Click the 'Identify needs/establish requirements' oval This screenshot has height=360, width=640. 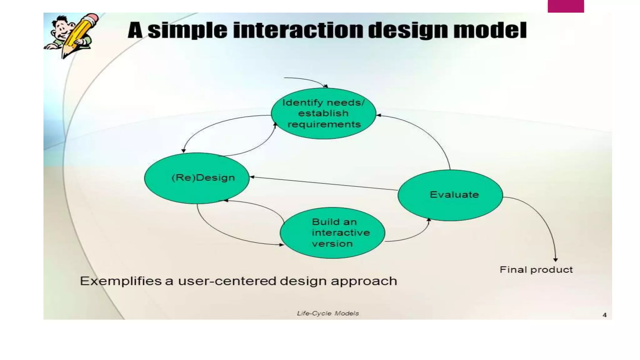(323, 113)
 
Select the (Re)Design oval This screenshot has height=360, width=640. (197, 178)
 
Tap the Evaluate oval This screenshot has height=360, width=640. (450, 195)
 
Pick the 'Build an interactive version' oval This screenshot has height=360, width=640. (332, 233)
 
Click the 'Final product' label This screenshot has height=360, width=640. (536, 270)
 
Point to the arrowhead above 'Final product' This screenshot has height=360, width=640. (555, 259)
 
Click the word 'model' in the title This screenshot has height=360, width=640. (490, 30)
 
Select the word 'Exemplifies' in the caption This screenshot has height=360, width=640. (120, 281)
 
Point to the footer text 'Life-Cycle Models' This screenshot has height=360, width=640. (327, 313)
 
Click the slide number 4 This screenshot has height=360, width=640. (604, 315)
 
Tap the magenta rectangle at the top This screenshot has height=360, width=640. (566, 6)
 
